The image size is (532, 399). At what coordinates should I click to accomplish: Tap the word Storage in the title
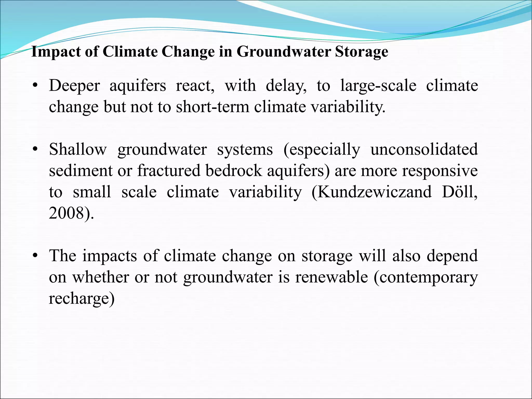361,51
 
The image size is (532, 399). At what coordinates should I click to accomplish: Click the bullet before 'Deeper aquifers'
36,86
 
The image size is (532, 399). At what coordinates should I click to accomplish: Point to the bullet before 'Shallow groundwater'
36,150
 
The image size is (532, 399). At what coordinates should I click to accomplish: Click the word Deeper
74,86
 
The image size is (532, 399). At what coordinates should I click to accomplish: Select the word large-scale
378,86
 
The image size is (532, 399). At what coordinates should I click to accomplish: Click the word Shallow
78,150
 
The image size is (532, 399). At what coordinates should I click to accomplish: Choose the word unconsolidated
424,150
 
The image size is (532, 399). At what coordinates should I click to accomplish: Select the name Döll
459,192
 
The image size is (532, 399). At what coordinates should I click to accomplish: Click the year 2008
66,214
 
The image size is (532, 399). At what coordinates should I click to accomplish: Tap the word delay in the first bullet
286,86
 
